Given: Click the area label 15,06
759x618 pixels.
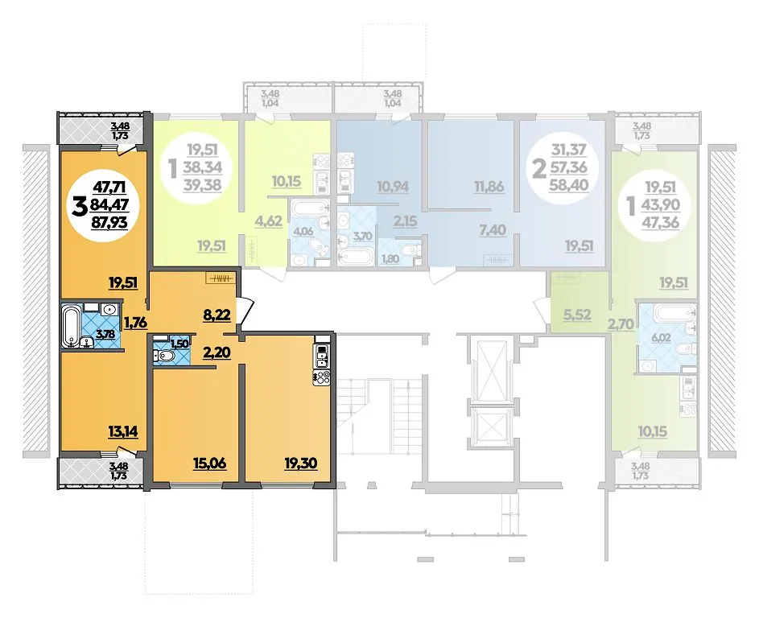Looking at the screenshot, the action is (x=210, y=463).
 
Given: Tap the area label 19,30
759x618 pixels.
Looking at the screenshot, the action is (x=300, y=463).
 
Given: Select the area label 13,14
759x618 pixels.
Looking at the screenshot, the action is (x=122, y=431).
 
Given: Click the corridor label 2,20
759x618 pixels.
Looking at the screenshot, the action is (x=217, y=352).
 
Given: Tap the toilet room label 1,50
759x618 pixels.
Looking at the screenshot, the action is (x=179, y=344).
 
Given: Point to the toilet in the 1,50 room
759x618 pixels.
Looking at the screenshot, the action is (x=164, y=356).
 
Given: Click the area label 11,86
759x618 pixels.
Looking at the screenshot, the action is (x=489, y=187).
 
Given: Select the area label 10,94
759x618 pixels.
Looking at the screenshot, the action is (x=393, y=187).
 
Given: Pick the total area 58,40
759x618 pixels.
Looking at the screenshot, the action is (x=569, y=184).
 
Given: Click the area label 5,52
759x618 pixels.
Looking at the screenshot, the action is (x=577, y=315).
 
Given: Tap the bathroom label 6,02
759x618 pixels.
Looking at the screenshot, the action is (x=661, y=337).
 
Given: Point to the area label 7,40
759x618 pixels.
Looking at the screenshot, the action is (x=493, y=229).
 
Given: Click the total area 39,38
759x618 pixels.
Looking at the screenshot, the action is (x=202, y=184).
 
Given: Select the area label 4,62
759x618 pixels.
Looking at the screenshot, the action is (x=268, y=221).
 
